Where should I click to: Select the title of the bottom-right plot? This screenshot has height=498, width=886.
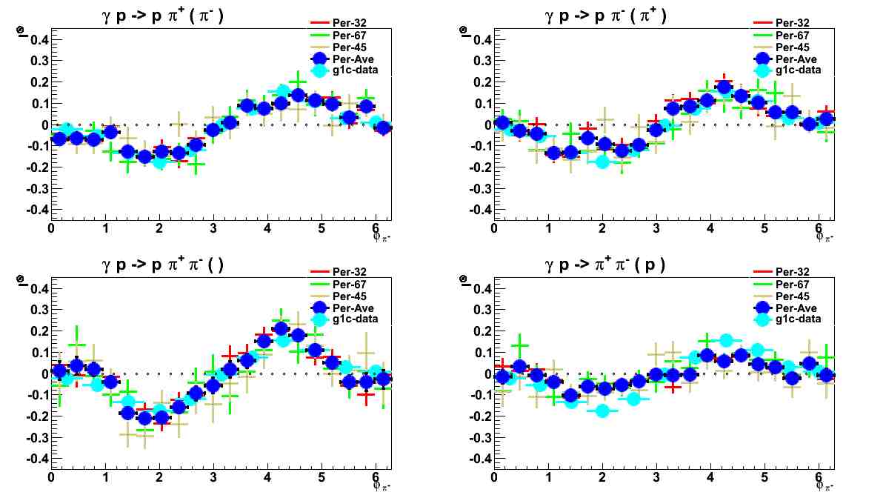[605, 264]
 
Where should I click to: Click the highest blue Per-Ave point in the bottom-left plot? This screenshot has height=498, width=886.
[281, 329]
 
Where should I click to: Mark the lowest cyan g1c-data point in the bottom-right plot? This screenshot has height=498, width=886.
[602, 410]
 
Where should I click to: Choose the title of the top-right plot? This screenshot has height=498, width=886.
[605, 16]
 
